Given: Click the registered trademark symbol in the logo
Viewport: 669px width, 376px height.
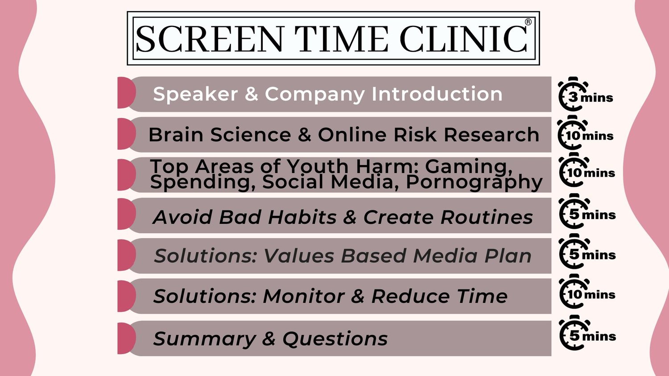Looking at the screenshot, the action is point(528,22).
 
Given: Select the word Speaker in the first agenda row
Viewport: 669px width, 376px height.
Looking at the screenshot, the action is point(195,95).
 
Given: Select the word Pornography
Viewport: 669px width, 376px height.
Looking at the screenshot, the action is point(474,182).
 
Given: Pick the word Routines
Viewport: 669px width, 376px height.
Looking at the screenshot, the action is point(487,217).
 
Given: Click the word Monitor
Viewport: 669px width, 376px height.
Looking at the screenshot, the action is point(304,296).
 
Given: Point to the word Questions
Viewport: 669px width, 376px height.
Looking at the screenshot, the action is point(335,339).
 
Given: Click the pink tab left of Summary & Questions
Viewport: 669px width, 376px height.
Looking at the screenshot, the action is point(126,339).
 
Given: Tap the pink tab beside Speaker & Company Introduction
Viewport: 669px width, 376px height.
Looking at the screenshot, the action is point(126,93).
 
